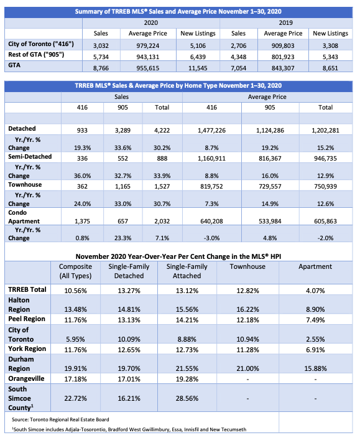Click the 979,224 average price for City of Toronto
click(148, 46)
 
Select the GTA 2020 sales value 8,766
click(101, 68)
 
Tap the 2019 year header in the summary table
click(286, 23)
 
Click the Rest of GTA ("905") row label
click(36, 55)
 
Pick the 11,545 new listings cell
click(198, 68)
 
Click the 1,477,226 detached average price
click(212, 131)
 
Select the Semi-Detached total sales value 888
click(162, 159)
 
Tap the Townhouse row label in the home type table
click(25, 184)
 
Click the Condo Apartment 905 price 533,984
click(270, 222)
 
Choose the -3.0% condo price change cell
click(212, 238)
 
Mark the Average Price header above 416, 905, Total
click(267, 97)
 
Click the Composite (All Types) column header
click(75, 271)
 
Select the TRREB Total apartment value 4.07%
click(315, 291)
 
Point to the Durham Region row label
click(21, 364)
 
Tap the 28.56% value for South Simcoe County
click(187, 399)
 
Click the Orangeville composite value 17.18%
click(75, 379)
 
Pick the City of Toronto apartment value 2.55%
click(315, 339)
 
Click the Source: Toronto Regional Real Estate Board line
click(60, 419)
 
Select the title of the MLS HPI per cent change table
click(178, 256)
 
